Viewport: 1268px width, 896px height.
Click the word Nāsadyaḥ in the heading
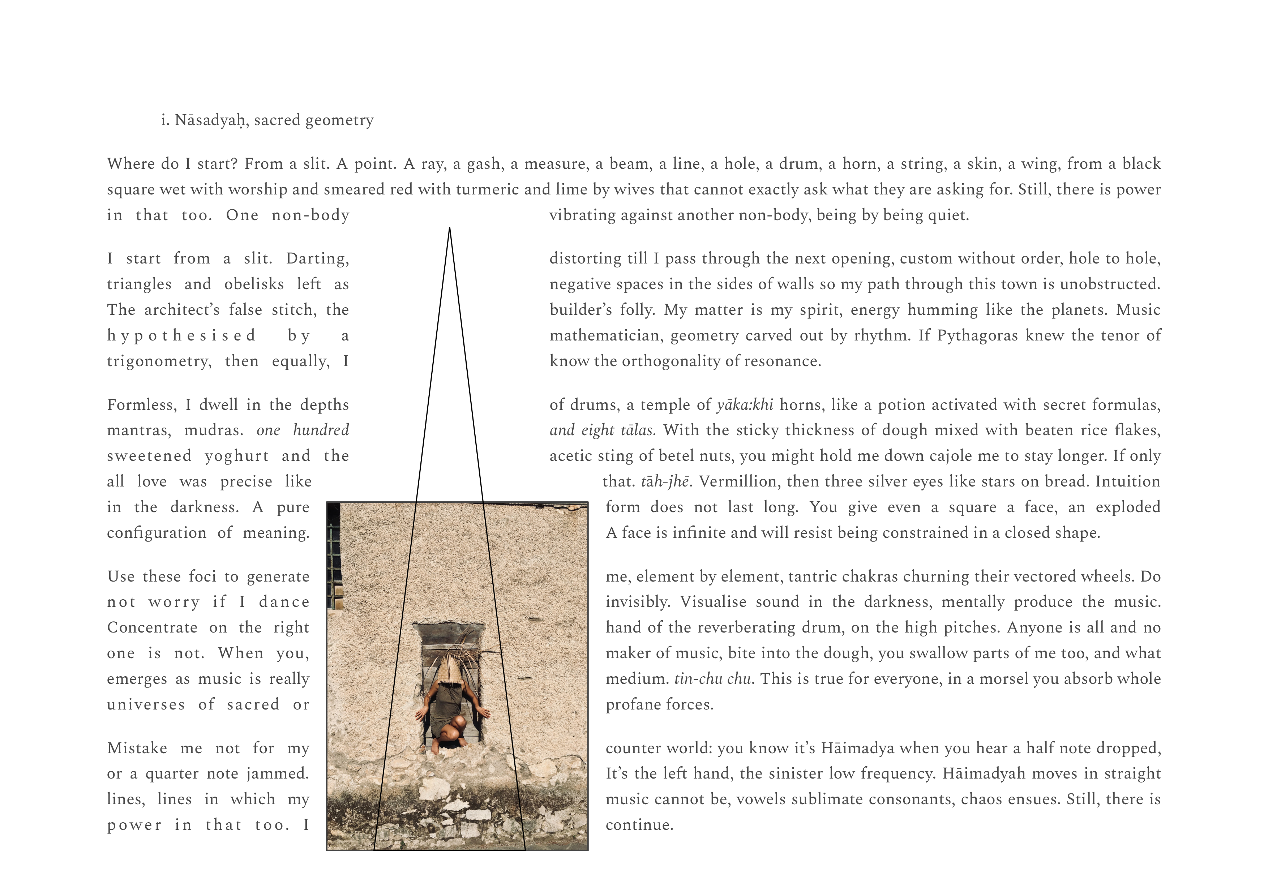point(209,120)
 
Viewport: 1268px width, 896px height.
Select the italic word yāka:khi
point(745,405)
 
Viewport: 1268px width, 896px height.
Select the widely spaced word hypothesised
point(181,336)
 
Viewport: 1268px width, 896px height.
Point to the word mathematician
point(606,336)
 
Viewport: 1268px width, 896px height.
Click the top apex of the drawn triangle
point(450,228)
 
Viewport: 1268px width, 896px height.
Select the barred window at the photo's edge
point(334,558)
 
